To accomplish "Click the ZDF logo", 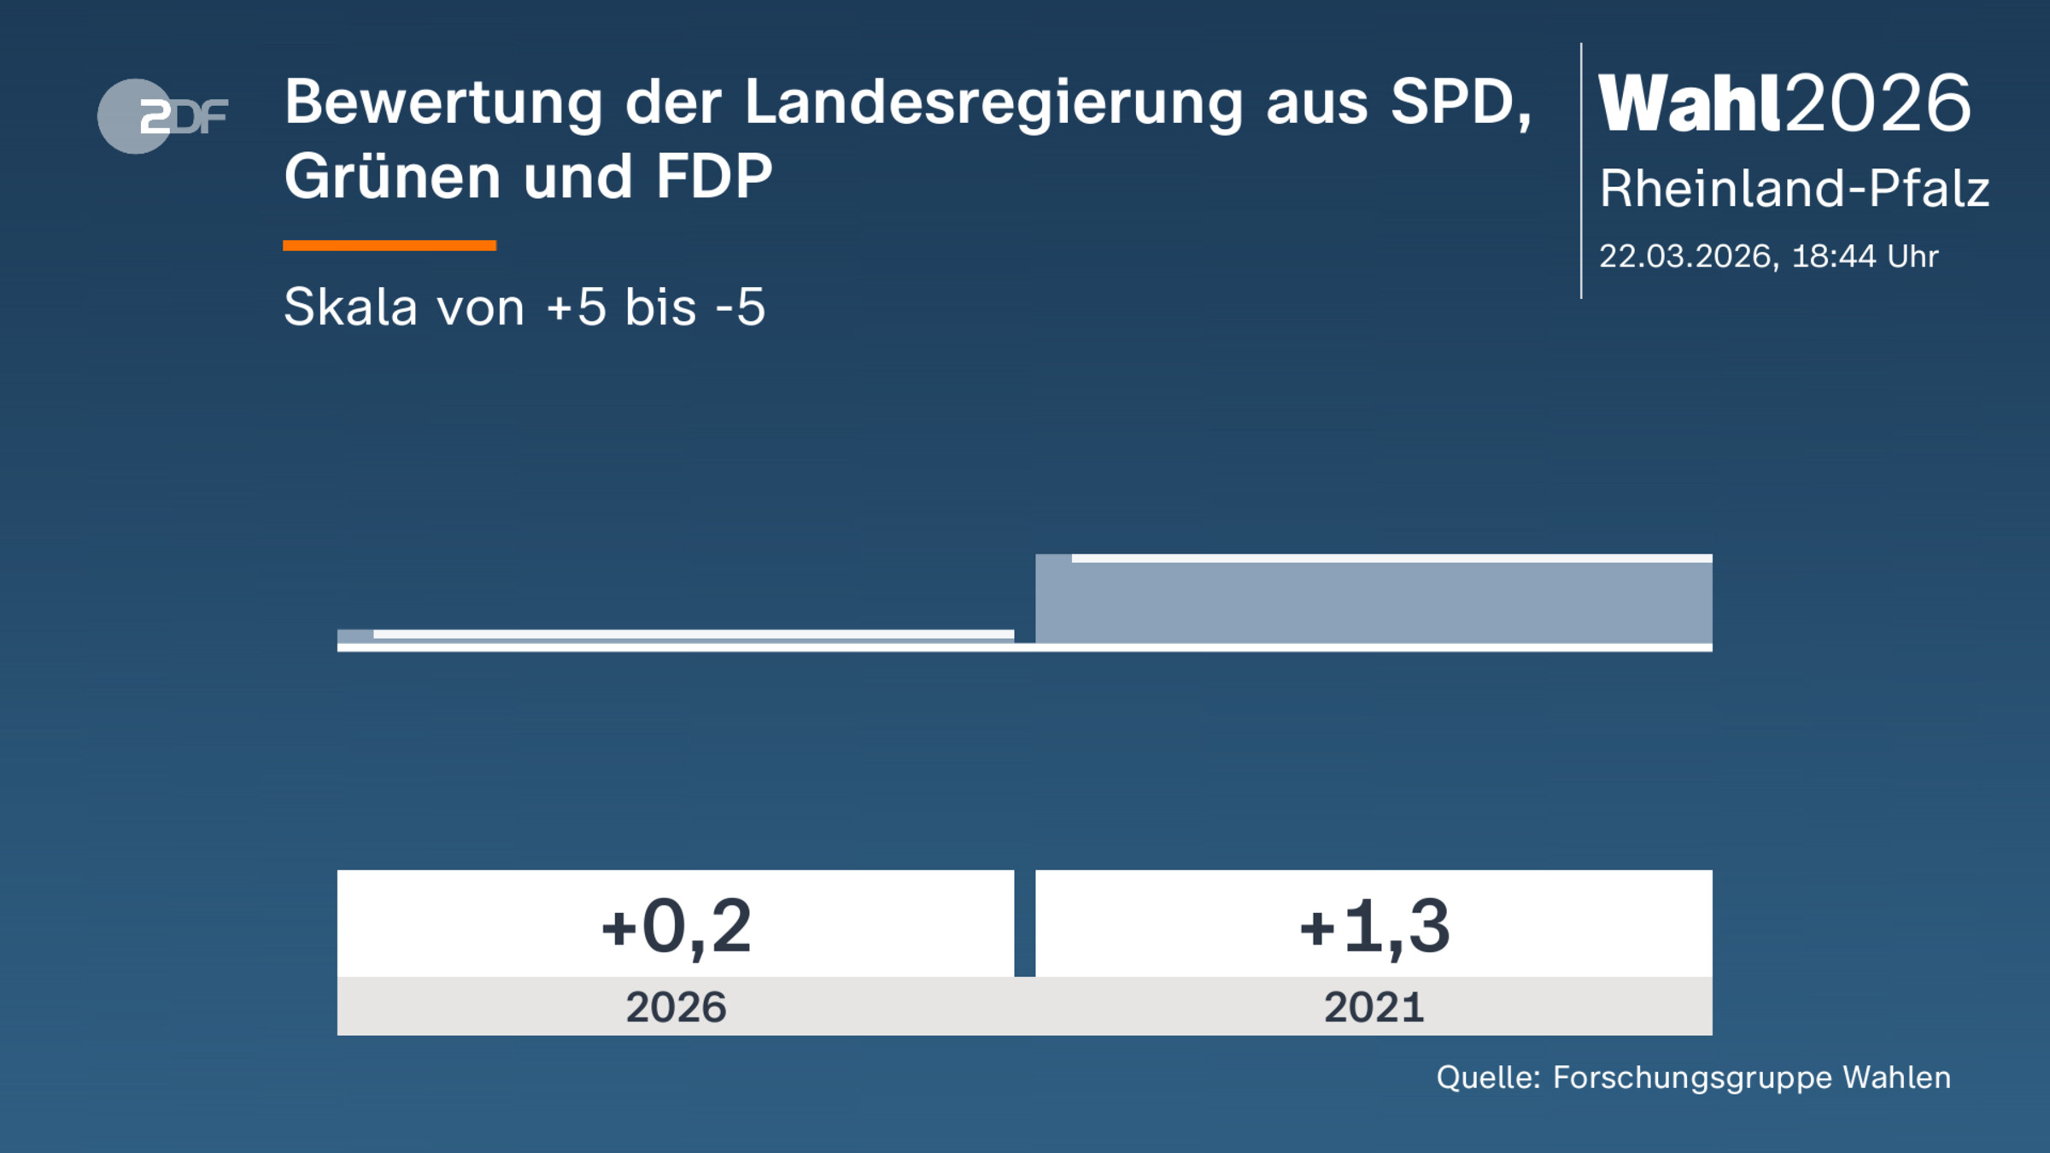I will (162, 116).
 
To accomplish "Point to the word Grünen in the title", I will (392, 178).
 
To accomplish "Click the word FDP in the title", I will (714, 178).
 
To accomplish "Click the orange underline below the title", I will (389, 246).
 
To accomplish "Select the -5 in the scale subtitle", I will (740, 307).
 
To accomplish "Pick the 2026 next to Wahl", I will (1877, 104).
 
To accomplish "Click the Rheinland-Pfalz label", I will (1794, 189).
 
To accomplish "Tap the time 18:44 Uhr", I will (1864, 256).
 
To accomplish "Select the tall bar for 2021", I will (1373, 600).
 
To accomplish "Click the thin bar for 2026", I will (675, 635).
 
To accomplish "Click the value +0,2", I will (676, 927).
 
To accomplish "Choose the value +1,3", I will (1373, 927).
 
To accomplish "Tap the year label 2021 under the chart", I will (1373, 1007).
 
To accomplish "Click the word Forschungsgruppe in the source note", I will (1691, 1078).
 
